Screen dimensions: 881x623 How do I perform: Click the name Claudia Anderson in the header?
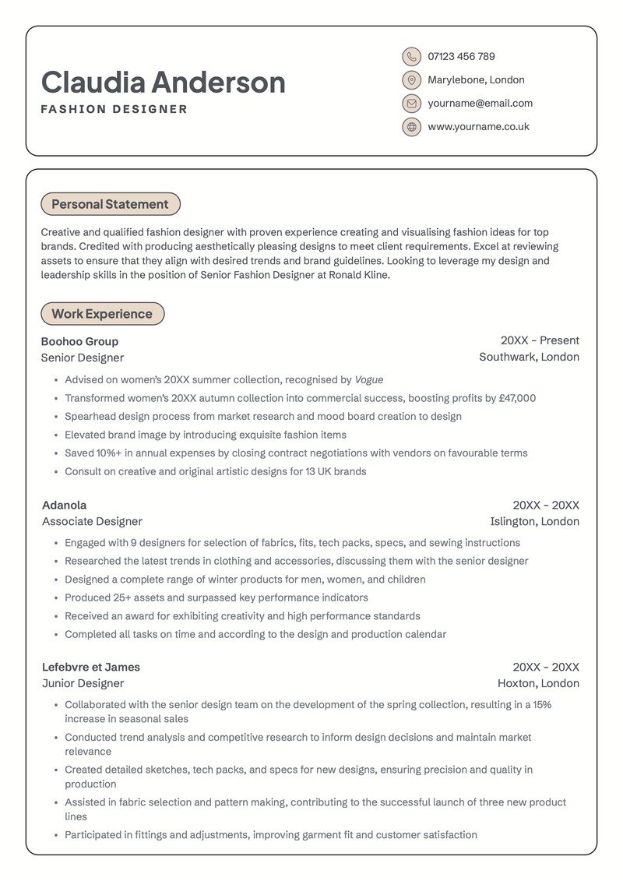point(163,83)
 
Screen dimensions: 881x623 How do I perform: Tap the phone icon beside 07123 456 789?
point(411,57)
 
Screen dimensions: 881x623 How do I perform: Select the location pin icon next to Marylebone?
point(411,80)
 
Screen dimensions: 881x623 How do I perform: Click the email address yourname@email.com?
point(480,104)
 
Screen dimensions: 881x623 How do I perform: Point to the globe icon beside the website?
point(411,127)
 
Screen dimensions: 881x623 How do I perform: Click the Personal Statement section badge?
point(110,204)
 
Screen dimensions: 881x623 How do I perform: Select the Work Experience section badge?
point(102,314)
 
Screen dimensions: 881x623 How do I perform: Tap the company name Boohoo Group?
point(79,341)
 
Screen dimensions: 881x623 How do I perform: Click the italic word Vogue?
point(369,380)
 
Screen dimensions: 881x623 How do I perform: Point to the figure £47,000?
point(516,398)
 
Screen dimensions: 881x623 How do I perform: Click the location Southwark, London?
point(529,358)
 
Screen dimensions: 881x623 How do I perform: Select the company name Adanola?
point(64,506)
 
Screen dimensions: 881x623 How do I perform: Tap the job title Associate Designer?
point(92,522)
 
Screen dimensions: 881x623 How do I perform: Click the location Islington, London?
point(534,522)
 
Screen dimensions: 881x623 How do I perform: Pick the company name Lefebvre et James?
point(90,667)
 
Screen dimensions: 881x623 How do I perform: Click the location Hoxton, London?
point(538,684)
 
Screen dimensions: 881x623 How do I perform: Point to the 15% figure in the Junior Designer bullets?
point(542,705)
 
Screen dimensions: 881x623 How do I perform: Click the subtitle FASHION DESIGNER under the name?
point(114,110)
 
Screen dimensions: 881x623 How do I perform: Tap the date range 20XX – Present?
point(540,340)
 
